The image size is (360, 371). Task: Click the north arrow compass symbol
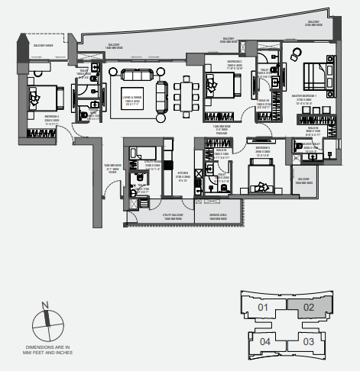tap(46, 321)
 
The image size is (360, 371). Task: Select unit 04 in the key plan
tap(264, 340)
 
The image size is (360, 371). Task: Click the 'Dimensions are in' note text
tap(46, 350)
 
